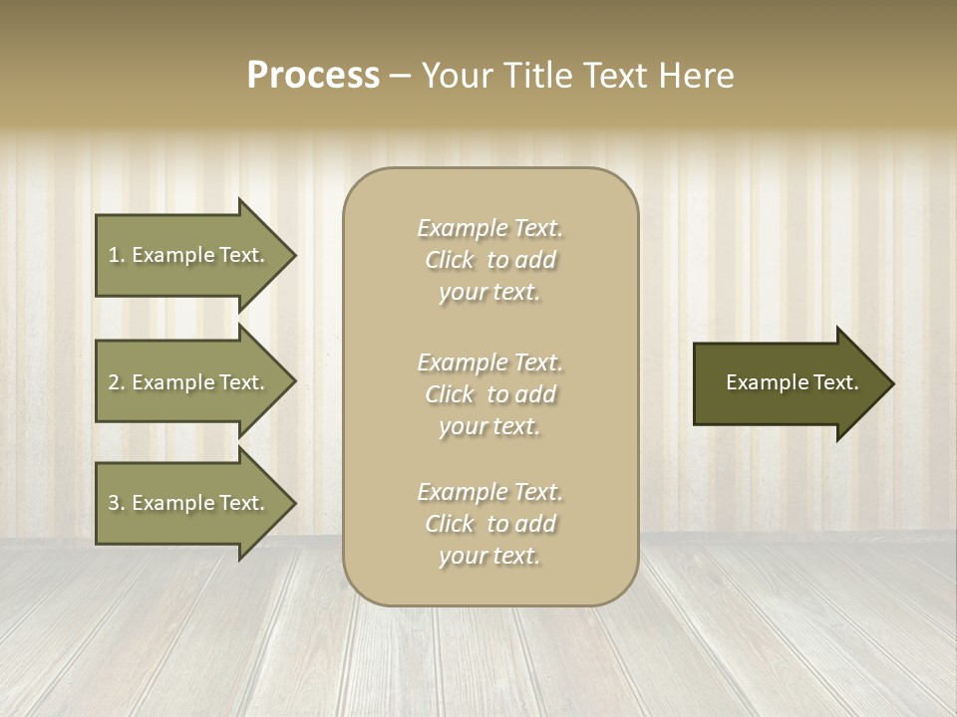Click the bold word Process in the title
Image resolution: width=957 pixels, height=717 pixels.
pyautogui.click(x=313, y=75)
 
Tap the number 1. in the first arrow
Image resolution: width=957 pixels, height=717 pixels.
pyautogui.click(x=117, y=255)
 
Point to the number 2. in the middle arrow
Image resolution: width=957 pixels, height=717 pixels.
pyautogui.click(x=117, y=382)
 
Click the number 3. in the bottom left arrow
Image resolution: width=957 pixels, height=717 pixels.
pyautogui.click(x=117, y=503)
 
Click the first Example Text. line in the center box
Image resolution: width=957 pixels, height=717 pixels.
pyautogui.click(x=489, y=228)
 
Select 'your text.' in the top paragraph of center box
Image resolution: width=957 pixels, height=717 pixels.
pyautogui.click(x=489, y=293)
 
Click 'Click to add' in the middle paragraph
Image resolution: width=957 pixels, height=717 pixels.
pyautogui.click(x=489, y=394)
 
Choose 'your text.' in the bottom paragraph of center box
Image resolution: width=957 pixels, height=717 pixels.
pyautogui.click(x=489, y=557)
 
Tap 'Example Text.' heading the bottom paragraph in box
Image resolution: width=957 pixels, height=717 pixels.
pyautogui.click(x=489, y=492)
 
